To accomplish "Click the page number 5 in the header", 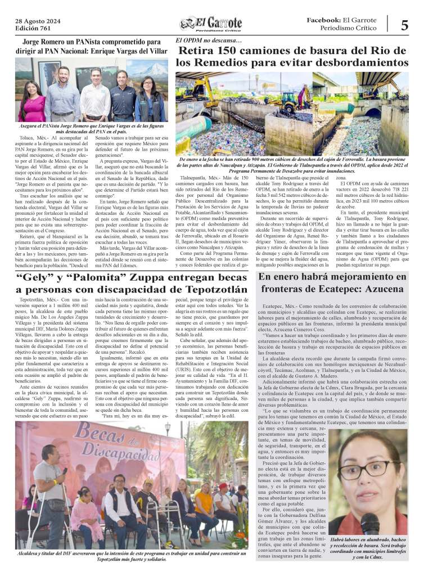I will point(404,25).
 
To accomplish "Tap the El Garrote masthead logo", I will point(211,24).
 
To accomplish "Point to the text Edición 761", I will point(33,29).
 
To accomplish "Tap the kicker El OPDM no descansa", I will point(209,40).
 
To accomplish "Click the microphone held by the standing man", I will point(65,471).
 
